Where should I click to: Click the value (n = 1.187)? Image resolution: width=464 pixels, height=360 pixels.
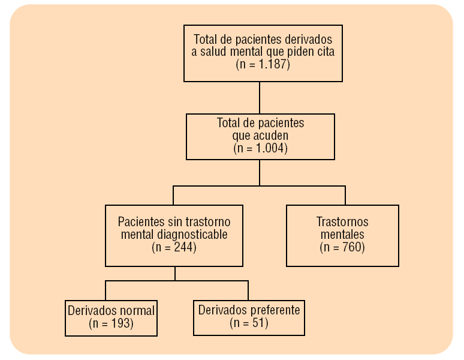coord(263,65)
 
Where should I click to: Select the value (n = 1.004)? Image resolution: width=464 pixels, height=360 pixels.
coord(260,148)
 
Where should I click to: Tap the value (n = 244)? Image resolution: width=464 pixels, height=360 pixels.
coord(174,247)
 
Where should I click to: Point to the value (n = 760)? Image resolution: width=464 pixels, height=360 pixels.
coord(342,247)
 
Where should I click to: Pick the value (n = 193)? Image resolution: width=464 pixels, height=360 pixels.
coord(111,323)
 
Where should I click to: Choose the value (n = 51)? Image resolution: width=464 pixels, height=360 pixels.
coord(249,323)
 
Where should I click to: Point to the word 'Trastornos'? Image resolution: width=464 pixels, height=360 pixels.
coord(342,221)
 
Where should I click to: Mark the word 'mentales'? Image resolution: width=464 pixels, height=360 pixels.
coord(342,234)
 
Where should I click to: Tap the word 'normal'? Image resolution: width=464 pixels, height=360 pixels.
coord(137,310)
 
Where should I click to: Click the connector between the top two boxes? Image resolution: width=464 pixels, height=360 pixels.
coord(260,97)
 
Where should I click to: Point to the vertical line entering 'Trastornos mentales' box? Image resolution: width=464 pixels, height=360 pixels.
coord(345,196)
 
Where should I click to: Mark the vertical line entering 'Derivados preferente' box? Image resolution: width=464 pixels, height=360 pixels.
coord(248,290)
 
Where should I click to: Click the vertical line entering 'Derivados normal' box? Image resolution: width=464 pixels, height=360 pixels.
coord(106,290)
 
